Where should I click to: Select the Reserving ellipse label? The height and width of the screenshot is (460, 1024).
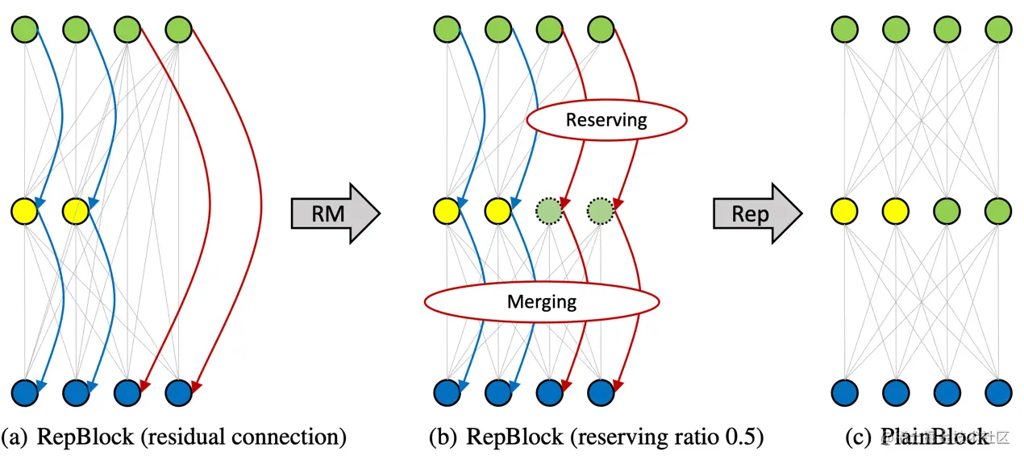(x=606, y=120)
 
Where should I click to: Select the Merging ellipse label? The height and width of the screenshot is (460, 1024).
(x=542, y=302)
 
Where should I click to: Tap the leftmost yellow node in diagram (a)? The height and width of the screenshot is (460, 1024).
(x=24, y=212)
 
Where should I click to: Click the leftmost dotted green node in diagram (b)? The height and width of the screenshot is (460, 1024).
(x=549, y=211)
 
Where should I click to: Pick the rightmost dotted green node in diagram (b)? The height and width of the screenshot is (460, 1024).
(x=600, y=211)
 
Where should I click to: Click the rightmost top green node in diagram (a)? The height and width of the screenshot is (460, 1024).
(x=178, y=31)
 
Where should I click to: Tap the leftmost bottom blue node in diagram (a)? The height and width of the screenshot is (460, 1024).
(x=24, y=392)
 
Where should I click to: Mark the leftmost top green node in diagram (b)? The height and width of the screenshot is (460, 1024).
(x=447, y=31)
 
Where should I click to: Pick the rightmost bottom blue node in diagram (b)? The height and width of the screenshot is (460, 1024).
(x=600, y=392)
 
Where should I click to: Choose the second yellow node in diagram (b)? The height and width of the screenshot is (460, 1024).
(x=497, y=212)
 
